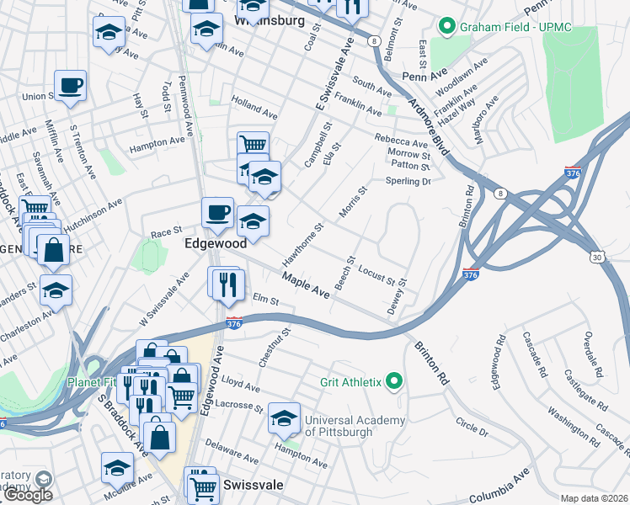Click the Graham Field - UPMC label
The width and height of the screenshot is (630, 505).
[515, 27]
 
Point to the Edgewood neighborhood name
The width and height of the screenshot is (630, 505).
[216, 242]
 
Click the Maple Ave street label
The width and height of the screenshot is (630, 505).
[306, 284]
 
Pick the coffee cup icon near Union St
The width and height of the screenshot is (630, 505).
[71, 85]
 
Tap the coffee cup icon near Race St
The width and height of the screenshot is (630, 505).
[217, 212]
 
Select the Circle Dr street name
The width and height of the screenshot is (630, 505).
[471, 426]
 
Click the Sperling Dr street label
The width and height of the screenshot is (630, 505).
[408, 181]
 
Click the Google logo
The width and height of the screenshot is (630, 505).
[28, 495]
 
